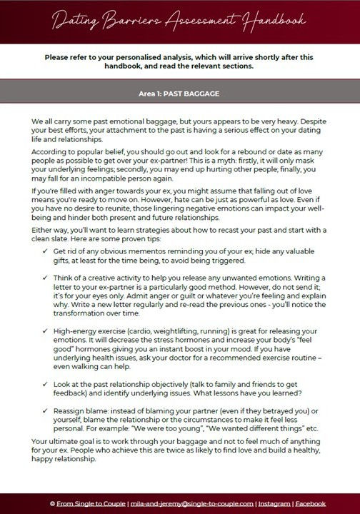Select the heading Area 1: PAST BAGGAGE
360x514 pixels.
coord(180,93)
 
